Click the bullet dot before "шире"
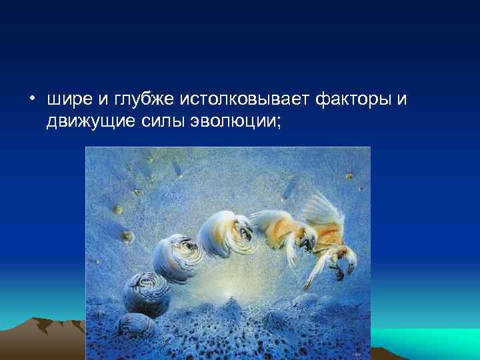pyautogui.click(x=32, y=101)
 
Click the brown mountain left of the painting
pyautogui.click(x=40, y=333)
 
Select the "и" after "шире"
pyautogui.click(x=101, y=100)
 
